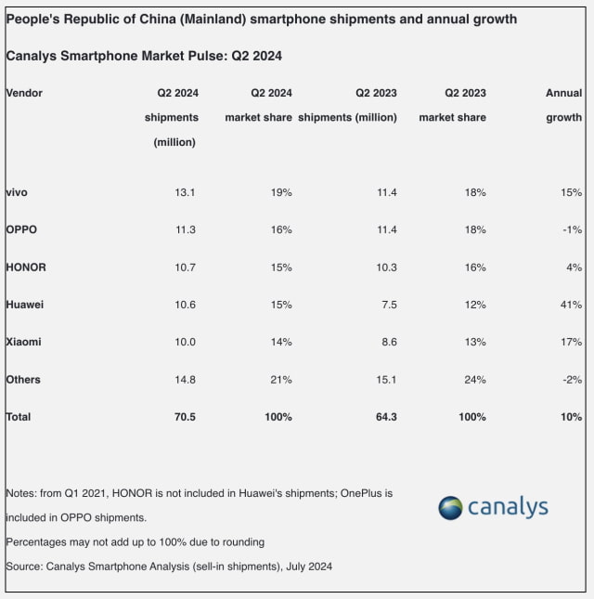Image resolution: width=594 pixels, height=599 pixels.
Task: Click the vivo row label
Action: click(18, 192)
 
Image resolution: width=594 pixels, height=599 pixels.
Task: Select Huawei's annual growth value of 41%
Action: click(571, 305)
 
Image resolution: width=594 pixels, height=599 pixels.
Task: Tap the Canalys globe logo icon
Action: click(450, 508)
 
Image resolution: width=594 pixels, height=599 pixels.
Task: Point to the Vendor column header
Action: click(24, 93)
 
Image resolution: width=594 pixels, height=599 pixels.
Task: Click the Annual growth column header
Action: click(563, 105)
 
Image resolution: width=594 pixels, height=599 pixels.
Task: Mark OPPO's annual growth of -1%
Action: click(572, 229)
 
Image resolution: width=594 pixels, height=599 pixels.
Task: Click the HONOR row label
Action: click(26, 267)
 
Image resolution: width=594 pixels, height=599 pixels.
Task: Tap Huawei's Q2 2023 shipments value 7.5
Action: click(389, 305)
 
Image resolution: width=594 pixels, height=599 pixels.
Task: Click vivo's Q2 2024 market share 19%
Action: click(281, 192)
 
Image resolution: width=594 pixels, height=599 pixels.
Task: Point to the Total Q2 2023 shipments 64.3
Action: click(385, 417)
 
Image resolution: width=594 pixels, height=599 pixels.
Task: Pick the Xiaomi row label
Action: click(23, 342)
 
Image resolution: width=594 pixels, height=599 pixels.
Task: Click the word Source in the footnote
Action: click(23, 566)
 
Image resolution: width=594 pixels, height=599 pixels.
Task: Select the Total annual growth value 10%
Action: click(571, 417)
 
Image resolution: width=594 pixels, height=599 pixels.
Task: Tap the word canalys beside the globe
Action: click(508, 508)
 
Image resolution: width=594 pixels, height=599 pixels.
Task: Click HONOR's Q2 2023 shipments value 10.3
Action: click(385, 267)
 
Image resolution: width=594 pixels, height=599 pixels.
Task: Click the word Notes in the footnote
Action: click(20, 493)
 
